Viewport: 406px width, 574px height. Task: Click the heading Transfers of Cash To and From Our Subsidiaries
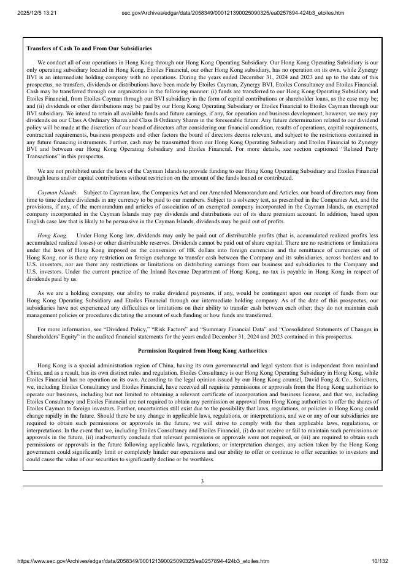pos(90,48)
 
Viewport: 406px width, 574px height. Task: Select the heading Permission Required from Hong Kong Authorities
pos(202,350)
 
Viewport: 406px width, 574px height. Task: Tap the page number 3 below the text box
pos(202,481)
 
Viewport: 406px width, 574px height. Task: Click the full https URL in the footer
pos(143,561)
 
